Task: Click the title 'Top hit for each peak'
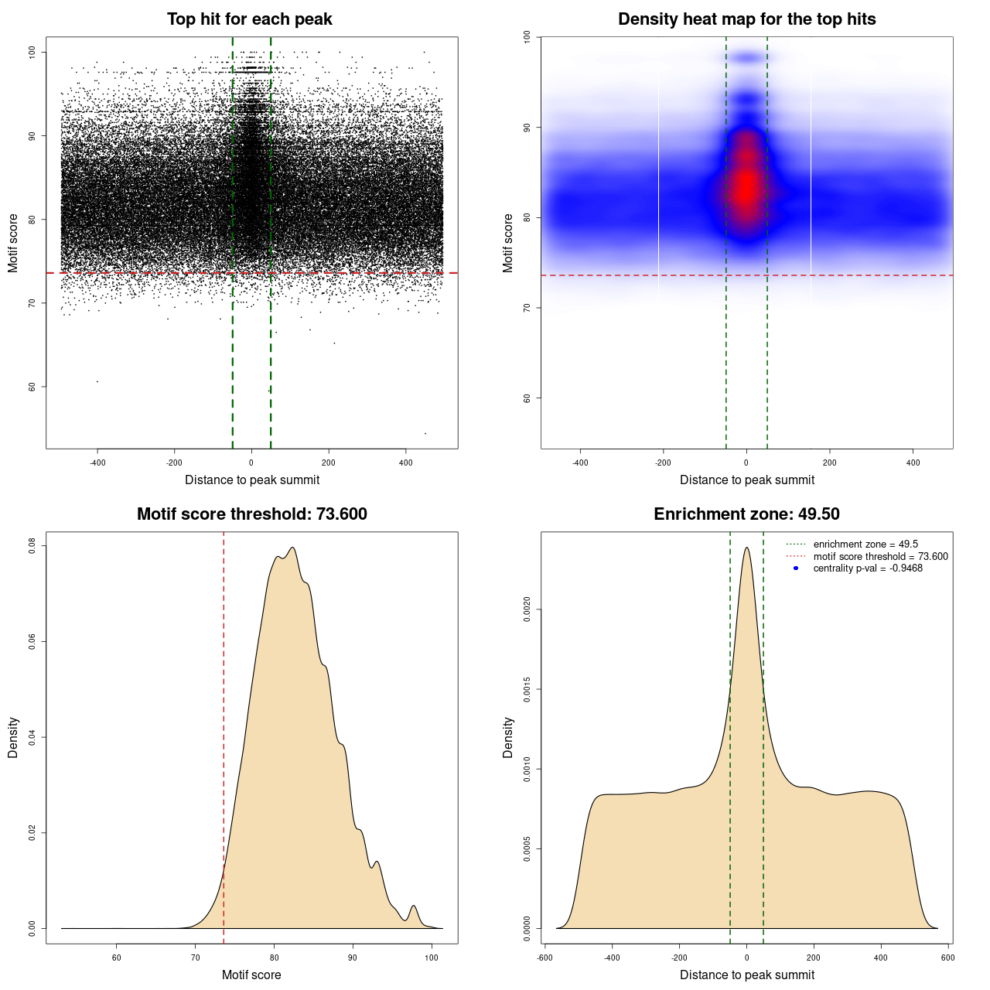[x=250, y=19]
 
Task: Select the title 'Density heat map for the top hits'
[x=746, y=19]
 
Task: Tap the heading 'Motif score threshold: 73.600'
[x=251, y=514]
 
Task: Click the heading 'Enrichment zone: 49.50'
[x=746, y=514]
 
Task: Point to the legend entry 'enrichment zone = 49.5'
[x=865, y=544]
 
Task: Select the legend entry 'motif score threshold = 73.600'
[x=880, y=556]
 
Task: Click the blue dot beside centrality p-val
[x=796, y=568]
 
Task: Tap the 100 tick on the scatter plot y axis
[x=32, y=52]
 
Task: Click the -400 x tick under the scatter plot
[x=97, y=463]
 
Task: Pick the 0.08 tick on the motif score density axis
[x=32, y=546]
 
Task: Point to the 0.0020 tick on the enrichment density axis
[x=527, y=609]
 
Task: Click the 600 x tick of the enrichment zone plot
[x=947, y=958]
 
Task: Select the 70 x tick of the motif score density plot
[x=196, y=958]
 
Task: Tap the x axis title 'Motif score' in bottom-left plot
[x=251, y=975]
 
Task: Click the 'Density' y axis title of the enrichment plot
[x=508, y=737]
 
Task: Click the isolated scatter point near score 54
[x=425, y=433]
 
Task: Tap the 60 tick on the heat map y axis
[x=527, y=398]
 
